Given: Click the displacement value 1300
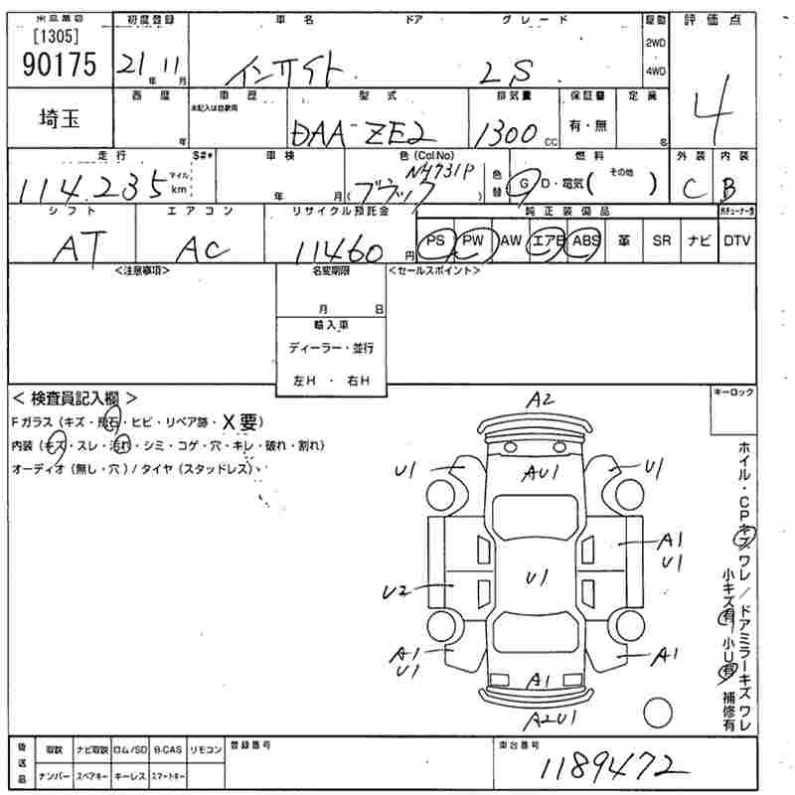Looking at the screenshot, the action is click(506, 133).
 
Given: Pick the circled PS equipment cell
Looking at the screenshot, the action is click(435, 240).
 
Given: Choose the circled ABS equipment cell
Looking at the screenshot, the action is click(587, 240).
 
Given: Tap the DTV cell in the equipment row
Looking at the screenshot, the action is click(736, 240).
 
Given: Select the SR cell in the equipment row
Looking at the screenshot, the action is click(661, 240).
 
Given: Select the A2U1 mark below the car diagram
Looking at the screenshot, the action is click(550, 716).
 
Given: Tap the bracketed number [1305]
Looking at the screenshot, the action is click(57, 37).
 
